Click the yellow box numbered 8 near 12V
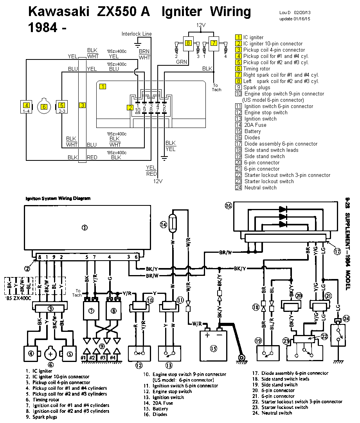(189, 43)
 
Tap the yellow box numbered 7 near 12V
(214, 43)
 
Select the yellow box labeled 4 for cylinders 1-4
(26, 105)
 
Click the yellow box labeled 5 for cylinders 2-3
(61, 105)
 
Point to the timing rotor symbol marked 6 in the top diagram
(44, 106)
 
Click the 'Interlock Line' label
(136, 34)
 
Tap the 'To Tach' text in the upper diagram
(217, 88)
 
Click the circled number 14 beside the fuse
(164, 224)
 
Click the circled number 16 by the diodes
(229, 205)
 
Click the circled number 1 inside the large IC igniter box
(85, 228)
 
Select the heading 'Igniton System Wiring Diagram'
(58, 198)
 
